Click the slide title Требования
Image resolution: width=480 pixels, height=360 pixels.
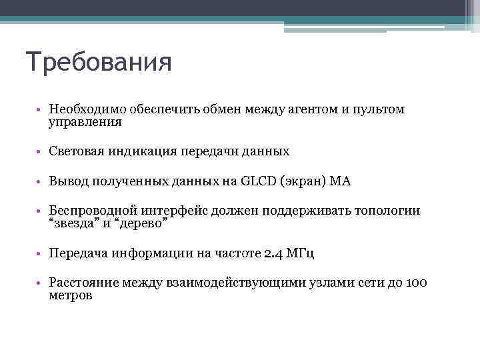(x=99, y=63)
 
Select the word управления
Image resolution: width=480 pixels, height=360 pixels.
(x=85, y=122)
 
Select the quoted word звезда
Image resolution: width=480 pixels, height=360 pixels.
(x=75, y=224)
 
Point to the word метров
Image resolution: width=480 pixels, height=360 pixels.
(x=71, y=296)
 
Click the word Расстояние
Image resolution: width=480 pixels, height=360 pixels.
(x=85, y=283)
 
